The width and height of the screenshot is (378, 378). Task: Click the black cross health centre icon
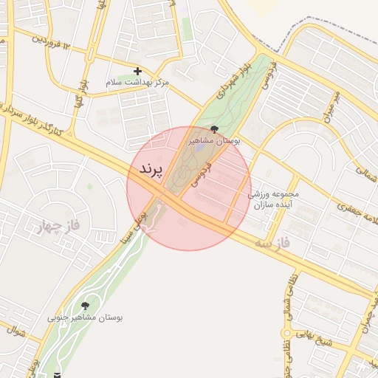(x=137, y=71)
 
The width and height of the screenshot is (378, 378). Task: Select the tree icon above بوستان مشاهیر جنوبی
(x=85, y=305)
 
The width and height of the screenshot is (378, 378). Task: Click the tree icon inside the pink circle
(x=214, y=129)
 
